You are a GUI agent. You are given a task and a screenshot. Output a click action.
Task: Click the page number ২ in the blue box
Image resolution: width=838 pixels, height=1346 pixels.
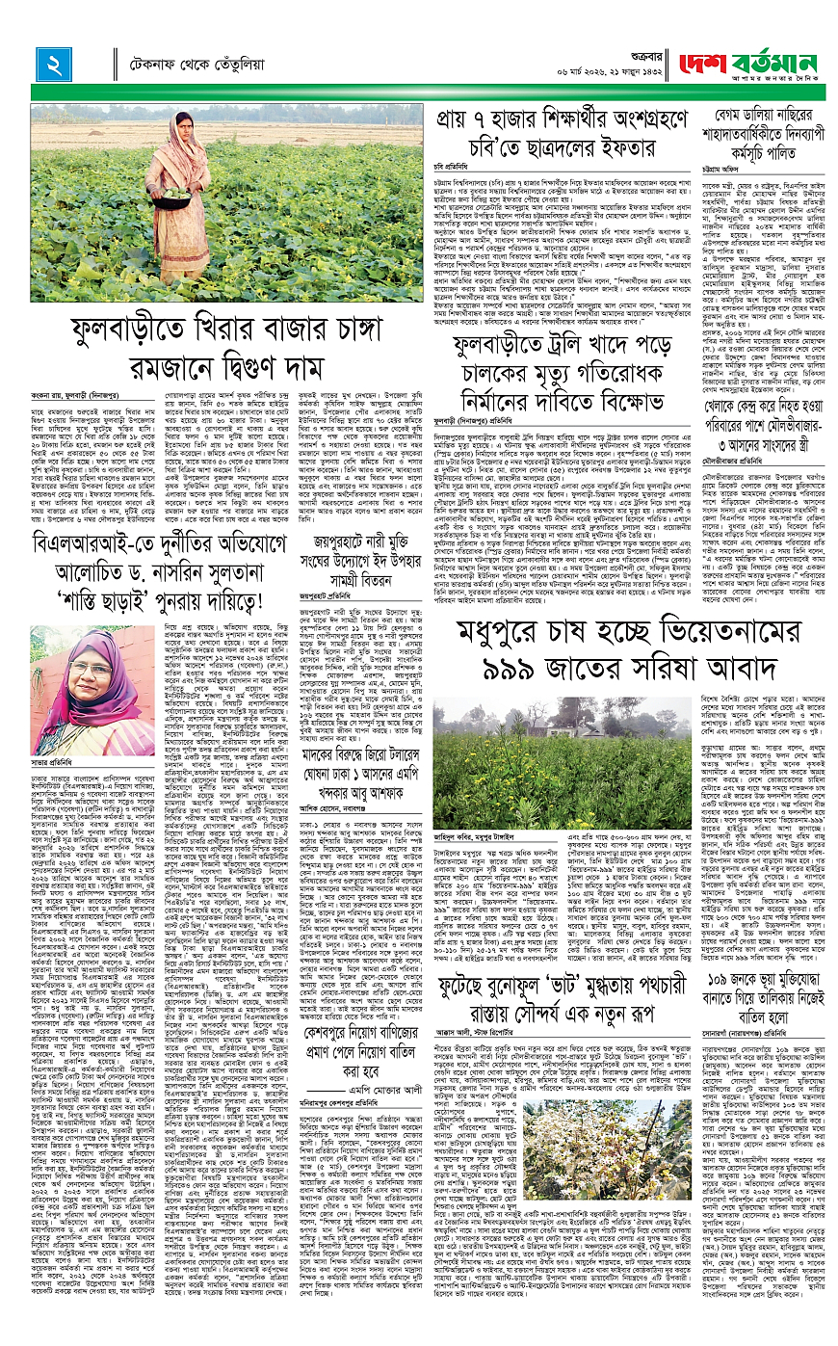49,64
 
